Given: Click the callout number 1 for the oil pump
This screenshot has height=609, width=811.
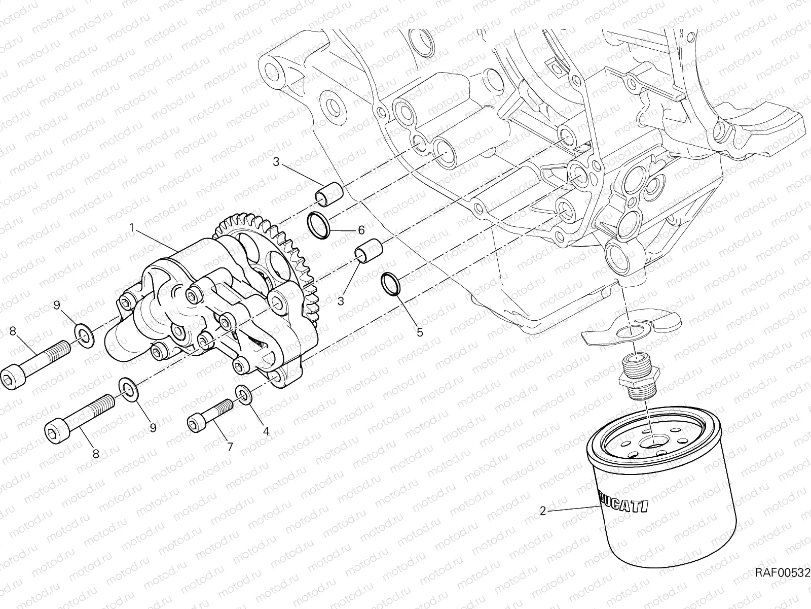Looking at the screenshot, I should click(x=132, y=229).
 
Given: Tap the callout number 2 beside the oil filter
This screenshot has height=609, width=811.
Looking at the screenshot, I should click(x=543, y=511).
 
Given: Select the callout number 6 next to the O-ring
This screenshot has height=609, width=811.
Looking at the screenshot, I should click(x=361, y=230).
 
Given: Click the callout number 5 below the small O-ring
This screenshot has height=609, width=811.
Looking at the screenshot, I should click(x=419, y=333).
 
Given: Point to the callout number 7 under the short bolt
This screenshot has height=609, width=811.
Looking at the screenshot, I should click(x=229, y=447).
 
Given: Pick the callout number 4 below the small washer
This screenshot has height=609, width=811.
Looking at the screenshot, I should click(x=266, y=431).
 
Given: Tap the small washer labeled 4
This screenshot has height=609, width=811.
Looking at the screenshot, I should click(x=244, y=395).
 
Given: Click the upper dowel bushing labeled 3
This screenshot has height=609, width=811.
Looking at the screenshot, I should click(x=328, y=195).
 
